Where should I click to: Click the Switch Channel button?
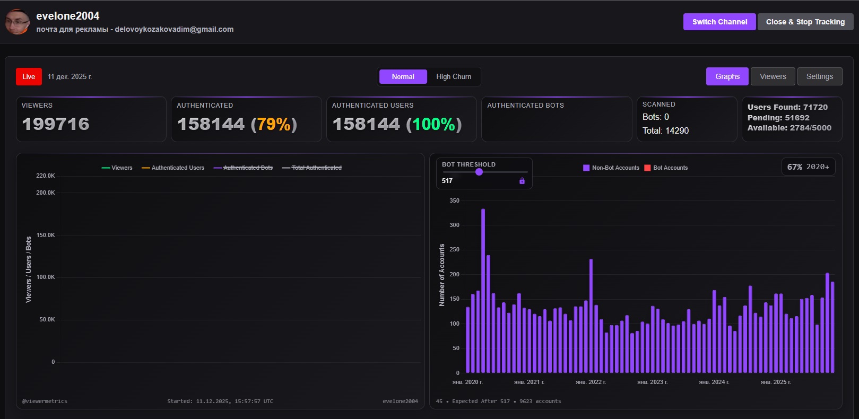point(719,22)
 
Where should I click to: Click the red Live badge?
point(29,77)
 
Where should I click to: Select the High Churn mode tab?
point(453,77)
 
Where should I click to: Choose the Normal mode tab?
point(403,77)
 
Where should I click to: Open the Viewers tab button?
point(773,76)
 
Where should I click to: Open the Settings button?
point(819,76)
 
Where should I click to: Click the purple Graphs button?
point(727,76)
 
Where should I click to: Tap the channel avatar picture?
point(18,22)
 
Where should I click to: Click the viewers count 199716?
point(56,124)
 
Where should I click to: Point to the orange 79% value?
point(274,124)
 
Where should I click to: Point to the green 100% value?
point(434,124)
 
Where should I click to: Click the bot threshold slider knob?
point(479,172)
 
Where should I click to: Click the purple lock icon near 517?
point(522,181)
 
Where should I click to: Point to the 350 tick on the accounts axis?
point(454,200)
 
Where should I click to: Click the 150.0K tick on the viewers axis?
point(46,235)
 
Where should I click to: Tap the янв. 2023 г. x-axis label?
point(652,382)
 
